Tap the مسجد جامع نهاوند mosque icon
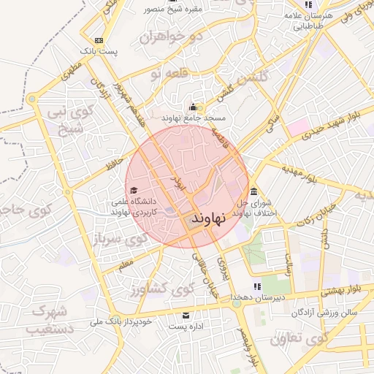tap(194, 107)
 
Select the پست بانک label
tap(98, 52)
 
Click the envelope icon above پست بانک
tap(99, 40)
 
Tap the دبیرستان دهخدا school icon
tap(256, 286)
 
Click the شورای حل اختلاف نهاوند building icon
tap(253, 193)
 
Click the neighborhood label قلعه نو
tap(168, 73)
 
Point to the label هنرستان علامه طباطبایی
tap(318, 20)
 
